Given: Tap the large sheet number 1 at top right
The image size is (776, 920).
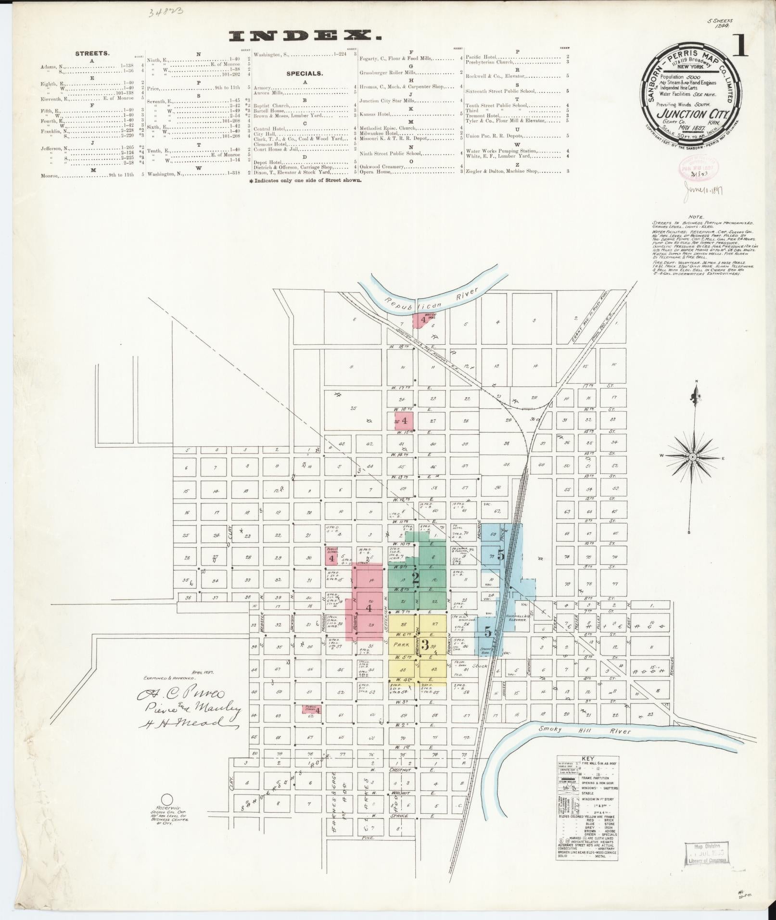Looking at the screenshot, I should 740,47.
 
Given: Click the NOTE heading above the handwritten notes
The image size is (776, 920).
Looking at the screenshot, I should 695,217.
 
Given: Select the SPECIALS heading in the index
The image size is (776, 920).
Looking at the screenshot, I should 305,74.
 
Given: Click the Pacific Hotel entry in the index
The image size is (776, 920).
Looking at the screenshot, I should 482,57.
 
